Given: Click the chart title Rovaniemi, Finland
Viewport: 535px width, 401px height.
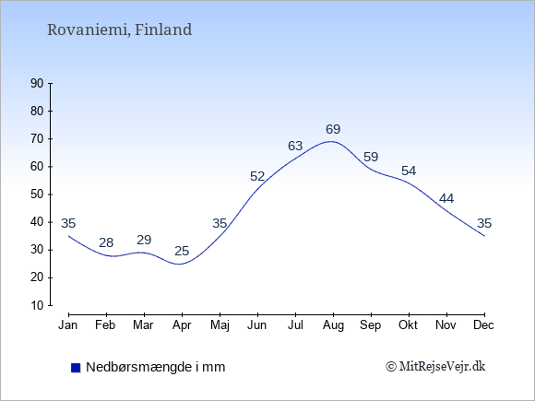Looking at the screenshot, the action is point(119,29).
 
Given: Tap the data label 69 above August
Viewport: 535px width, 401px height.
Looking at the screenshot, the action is point(333,129).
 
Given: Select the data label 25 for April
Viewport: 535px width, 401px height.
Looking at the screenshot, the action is point(182,251).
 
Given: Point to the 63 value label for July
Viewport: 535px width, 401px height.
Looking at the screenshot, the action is point(295,146).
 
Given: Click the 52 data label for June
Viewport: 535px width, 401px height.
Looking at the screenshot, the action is point(257,176).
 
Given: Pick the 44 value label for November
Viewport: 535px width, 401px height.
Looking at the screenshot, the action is point(446,198).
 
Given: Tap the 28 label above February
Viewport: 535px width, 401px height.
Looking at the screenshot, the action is point(106,242).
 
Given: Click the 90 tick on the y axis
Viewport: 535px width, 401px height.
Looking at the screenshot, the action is point(37,83).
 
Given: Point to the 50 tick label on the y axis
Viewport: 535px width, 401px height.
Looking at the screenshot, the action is point(37,195).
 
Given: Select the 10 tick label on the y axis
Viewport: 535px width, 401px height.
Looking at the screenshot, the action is point(37,305).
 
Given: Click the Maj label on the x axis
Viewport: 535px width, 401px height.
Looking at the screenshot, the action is point(220,325).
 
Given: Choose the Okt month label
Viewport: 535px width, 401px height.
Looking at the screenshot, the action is point(408,325).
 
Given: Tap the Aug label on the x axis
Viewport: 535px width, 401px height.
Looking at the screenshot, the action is point(333,325).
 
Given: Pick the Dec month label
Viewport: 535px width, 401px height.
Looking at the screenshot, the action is point(484,325).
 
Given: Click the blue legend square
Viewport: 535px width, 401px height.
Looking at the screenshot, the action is point(76,368).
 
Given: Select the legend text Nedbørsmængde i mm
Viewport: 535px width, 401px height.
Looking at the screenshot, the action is point(156,367).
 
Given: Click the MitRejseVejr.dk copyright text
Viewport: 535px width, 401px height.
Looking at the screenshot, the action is point(435,367).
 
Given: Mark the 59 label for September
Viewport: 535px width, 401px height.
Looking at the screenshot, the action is point(371,158).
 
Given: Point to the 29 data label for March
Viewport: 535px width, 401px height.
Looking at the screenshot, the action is point(144,240).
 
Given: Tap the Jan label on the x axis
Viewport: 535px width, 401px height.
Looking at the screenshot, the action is point(68,325).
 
